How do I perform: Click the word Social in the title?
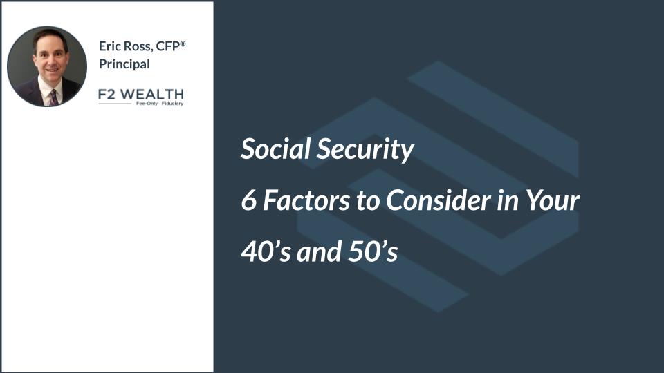tap(275, 149)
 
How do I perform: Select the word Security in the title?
tap(365, 150)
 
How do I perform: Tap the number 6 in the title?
tap(249, 200)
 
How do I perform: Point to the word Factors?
tap(306, 200)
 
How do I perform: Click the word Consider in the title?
tap(438, 200)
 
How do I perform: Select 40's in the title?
tap(266, 251)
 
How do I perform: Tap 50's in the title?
tap(373, 251)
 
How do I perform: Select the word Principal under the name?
tap(124, 64)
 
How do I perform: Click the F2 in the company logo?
tap(107, 94)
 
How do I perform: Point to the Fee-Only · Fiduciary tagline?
tap(160, 103)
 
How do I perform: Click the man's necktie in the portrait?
tap(53, 97)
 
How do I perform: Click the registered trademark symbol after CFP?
tap(183, 44)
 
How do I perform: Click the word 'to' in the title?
tap(367, 201)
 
